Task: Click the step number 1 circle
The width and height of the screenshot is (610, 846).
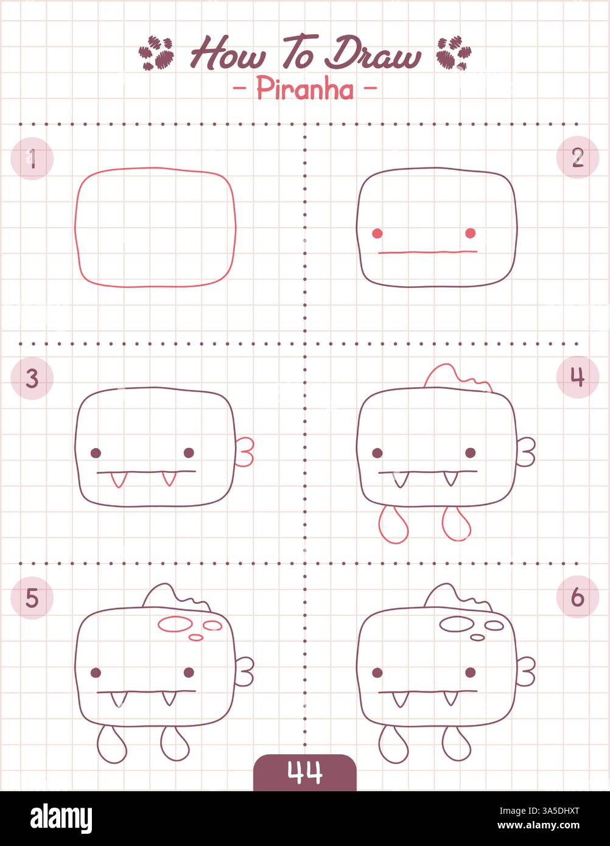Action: click(x=32, y=159)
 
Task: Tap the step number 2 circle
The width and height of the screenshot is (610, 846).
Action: click(x=577, y=158)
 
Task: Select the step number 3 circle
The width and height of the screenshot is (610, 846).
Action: click(x=32, y=379)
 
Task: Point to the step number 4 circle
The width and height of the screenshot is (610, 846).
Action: click(x=577, y=377)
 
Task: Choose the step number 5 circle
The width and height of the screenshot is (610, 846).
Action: click(x=32, y=598)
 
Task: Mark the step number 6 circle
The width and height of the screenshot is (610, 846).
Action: click(x=577, y=597)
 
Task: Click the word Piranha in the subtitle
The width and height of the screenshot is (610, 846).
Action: click(x=304, y=89)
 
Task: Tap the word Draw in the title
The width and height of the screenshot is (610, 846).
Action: click(x=372, y=55)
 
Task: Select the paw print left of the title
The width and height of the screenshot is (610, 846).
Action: click(x=156, y=52)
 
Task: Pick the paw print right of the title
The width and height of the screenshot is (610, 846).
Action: click(x=454, y=52)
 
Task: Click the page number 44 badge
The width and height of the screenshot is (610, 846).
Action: click(x=304, y=772)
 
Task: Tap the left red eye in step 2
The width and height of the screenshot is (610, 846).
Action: click(x=377, y=233)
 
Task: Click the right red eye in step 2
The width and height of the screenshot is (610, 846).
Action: click(x=471, y=232)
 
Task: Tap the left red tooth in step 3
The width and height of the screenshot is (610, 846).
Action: click(x=117, y=480)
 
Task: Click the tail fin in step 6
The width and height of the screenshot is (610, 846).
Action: click(x=527, y=671)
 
